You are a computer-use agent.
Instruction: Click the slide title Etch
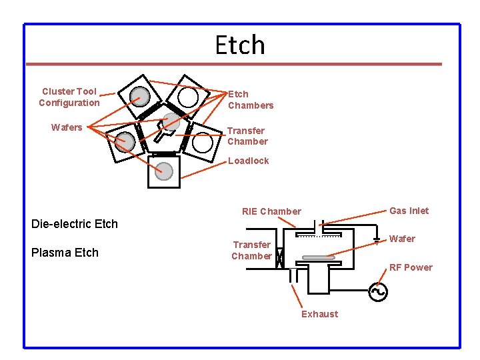(x=240, y=45)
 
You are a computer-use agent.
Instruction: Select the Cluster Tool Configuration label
(x=69, y=97)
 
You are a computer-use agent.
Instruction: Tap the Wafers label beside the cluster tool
(x=67, y=127)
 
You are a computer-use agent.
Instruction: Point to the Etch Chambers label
(x=250, y=99)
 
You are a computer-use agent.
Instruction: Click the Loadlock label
(x=248, y=161)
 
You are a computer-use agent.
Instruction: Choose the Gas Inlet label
(x=409, y=211)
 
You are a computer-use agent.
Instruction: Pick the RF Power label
(x=411, y=267)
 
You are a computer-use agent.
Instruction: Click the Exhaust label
(x=319, y=314)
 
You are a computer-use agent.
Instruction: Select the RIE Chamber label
(x=271, y=211)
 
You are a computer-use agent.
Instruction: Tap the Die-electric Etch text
(x=75, y=224)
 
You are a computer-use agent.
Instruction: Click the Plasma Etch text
(x=65, y=253)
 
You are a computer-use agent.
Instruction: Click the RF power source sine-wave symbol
(x=379, y=291)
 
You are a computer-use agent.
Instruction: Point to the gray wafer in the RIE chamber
(x=318, y=257)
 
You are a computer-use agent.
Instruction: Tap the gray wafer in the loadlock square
(x=164, y=171)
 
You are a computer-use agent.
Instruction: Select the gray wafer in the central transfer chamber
(x=172, y=121)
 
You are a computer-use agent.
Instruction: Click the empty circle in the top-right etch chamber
(x=188, y=98)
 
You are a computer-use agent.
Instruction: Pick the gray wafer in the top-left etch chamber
(x=139, y=97)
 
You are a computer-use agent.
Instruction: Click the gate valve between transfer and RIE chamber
(x=280, y=256)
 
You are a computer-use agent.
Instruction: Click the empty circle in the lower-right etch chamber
(x=203, y=142)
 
